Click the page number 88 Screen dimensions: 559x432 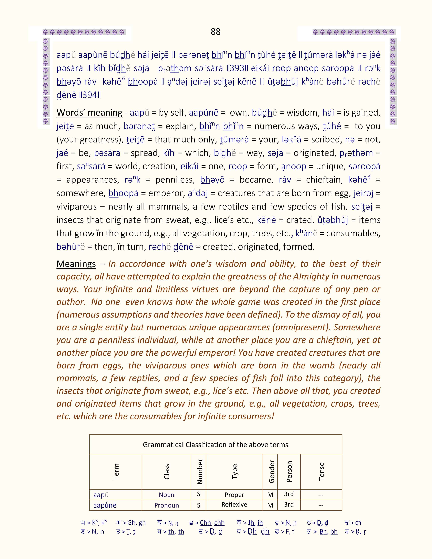[x=215, y=32]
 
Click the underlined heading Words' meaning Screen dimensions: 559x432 [x=89, y=113]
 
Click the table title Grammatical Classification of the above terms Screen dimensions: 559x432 [x=215, y=445]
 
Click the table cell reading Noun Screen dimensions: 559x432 [x=166, y=495]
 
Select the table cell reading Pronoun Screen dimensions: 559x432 [x=166, y=505]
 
